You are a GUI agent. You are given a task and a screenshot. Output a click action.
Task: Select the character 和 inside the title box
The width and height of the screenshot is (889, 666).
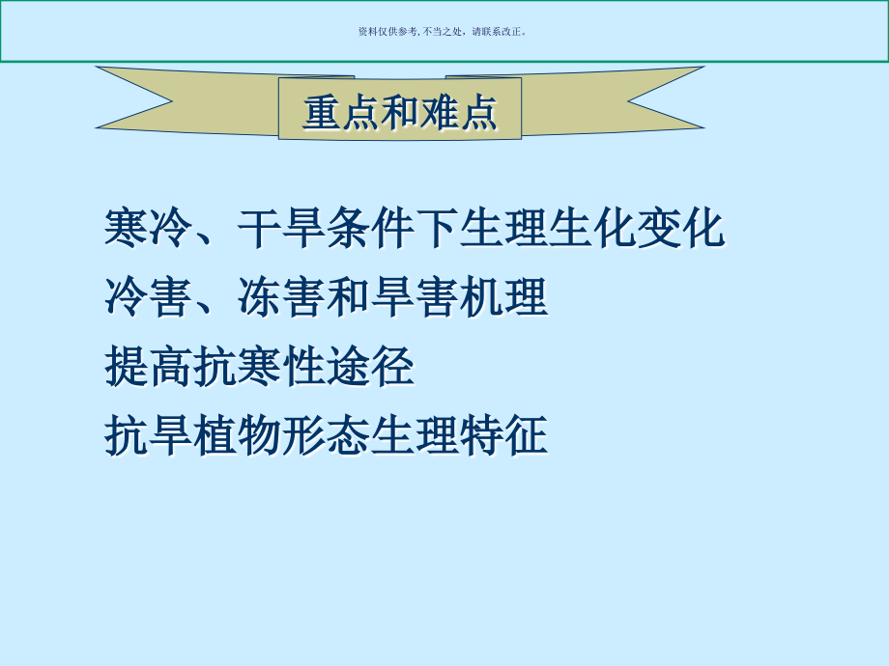[x=400, y=112]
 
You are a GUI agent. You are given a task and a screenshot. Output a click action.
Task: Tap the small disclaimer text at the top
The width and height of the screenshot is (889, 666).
[x=444, y=31]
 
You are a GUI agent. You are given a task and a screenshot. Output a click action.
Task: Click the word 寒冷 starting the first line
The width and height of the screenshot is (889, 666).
[x=148, y=231]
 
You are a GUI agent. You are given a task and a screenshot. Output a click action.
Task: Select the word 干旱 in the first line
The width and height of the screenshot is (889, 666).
[x=281, y=231]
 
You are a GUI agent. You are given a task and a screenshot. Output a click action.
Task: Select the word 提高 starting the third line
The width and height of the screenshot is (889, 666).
[x=148, y=368]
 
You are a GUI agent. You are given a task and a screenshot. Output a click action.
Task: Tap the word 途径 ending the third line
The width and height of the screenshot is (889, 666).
[x=370, y=368]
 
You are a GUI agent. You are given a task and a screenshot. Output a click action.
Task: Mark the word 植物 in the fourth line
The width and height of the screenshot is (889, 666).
[x=237, y=435]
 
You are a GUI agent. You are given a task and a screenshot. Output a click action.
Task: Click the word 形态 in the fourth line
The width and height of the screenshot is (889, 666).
[x=326, y=435]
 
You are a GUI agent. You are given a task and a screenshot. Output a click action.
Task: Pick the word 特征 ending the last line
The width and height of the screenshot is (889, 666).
[x=502, y=435]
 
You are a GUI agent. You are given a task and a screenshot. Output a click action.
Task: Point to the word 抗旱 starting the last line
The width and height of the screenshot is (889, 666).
[x=148, y=435]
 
